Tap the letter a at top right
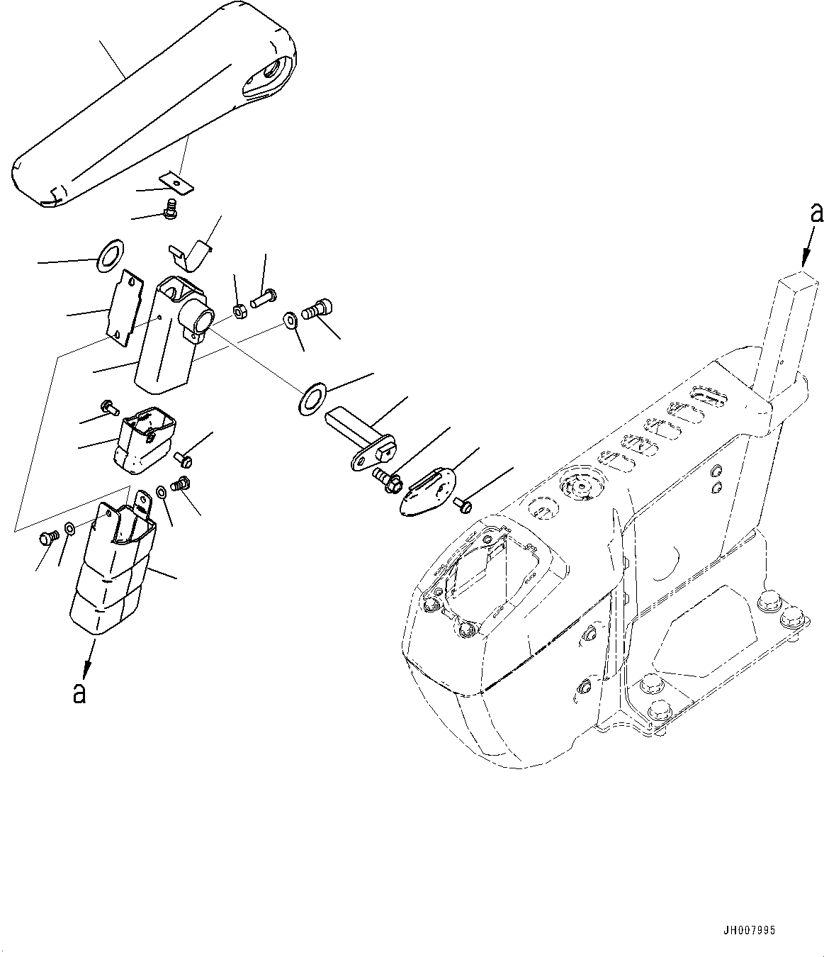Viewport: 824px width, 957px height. pos(816,213)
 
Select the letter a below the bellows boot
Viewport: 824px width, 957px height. pos(79,692)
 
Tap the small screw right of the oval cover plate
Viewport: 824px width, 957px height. pos(465,504)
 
